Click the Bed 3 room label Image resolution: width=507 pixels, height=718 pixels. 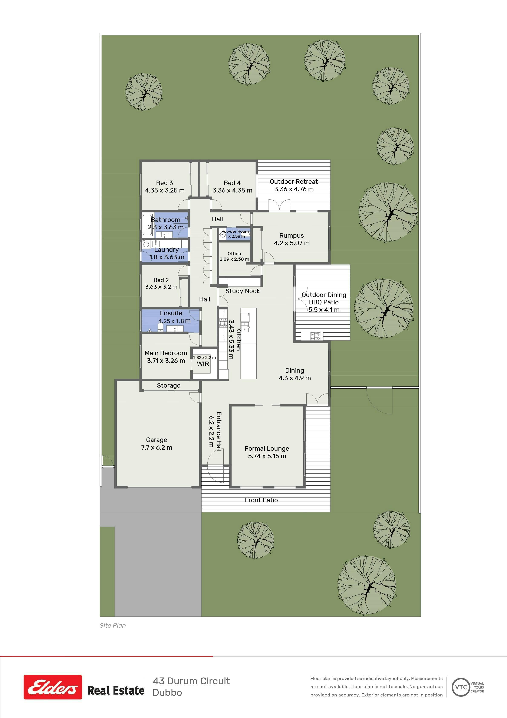click(x=164, y=183)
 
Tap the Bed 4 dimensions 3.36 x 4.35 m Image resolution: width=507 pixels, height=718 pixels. click(x=232, y=190)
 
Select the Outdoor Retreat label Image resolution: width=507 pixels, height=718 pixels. click(x=294, y=182)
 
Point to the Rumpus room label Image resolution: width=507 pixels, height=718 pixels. click(x=292, y=236)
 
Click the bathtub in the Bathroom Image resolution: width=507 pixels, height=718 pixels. click(x=146, y=225)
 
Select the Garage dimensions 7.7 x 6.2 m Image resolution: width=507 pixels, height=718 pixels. click(x=157, y=447)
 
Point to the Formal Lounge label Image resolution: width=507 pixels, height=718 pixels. click(x=267, y=449)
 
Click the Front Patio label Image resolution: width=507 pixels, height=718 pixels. click(x=261, y=500)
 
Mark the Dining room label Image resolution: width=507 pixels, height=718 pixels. click(x=294, y=371)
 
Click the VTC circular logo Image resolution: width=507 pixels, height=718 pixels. click(x=461, y=687)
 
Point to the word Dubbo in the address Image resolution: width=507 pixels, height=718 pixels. click(x=167, y=693)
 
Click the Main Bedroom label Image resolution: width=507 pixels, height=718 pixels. click(x=166, y=353)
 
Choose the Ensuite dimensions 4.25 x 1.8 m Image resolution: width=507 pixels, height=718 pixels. click(x=174, y=321)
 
